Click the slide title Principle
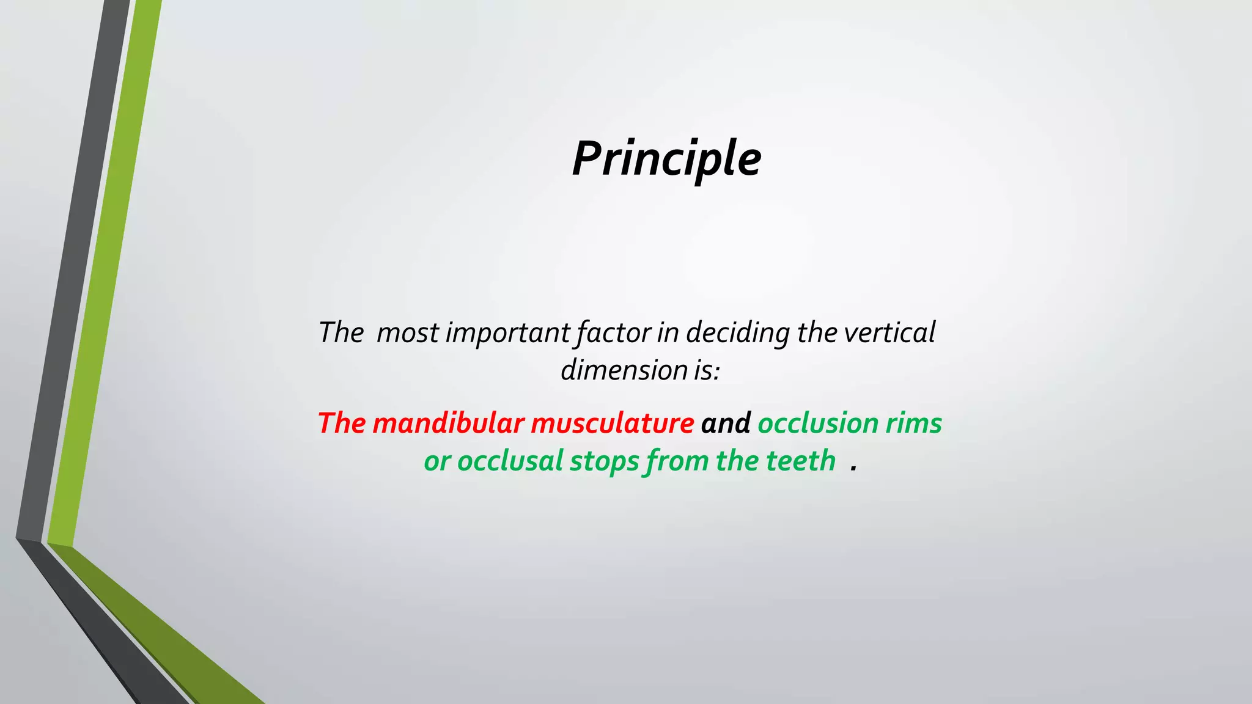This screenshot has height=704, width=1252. pos(666,159)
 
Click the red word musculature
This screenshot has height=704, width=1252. pos(612,423)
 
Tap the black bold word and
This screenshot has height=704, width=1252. pos(726,423)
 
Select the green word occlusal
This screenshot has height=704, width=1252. pos(510,461)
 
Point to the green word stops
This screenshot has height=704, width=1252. pos(604,462)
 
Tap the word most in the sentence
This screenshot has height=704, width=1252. pos(407,333)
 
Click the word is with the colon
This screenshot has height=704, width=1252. pos(707,370)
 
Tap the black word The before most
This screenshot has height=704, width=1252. pos(341,333)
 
